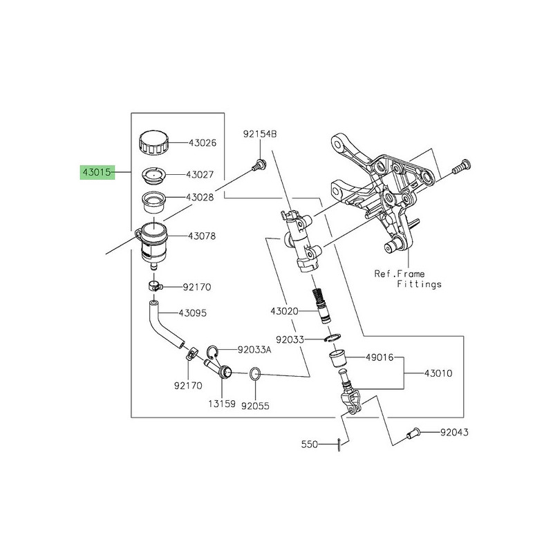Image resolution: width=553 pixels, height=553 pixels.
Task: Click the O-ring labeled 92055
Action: tap(254, 375)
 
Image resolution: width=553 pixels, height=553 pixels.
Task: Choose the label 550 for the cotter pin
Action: tap(308, 444)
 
